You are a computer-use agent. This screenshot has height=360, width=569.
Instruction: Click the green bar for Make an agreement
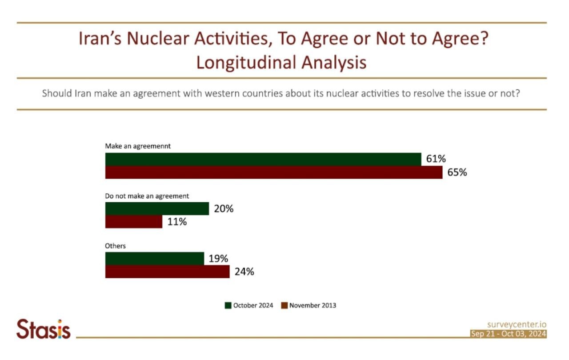pyautogui.click(x=263, y=159)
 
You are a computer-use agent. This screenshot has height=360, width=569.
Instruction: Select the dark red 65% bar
pyautogui.click(x=273, y=172)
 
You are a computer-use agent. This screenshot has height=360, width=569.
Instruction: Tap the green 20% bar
pyautogui.click(x=157, y=208)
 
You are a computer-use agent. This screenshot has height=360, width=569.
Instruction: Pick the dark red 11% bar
pyautogui.click(x=133, y=222)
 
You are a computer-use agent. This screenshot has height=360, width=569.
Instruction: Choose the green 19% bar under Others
pyautogui.click(x=154, y=258)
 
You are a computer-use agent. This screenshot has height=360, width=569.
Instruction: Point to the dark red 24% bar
pyautogui.click(x=167, y=272)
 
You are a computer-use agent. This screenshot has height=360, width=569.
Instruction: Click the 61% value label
pyautogui.click(x=436, y=159)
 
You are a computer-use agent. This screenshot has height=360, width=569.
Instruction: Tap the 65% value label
pyautogui.click(x=457, y=172)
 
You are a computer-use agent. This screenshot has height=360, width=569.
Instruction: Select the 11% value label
pyautogui.click(x=177, y=222)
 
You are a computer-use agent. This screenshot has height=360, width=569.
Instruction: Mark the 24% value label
pyautogui.click(x=244, y=272)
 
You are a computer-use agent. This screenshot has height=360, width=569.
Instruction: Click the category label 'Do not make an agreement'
pyautogui.click(x=147, y=196)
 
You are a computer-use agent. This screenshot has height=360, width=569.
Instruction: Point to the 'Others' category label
pyautogui.click(x=115, y=246)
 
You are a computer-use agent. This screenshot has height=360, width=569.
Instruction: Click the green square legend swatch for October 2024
pyautogui.click(x=228, y=305)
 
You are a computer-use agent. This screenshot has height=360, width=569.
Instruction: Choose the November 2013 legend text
pyautogui.click(x=313, y=305)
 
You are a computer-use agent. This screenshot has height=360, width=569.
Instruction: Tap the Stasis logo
pyautogui.click(x=44, y=329)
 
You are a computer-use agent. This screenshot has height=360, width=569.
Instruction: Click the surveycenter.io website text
pyautogui.click(x=517, y=325)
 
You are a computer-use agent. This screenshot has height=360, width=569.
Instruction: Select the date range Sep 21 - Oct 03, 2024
pyautogui.click(x=509, y=334)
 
